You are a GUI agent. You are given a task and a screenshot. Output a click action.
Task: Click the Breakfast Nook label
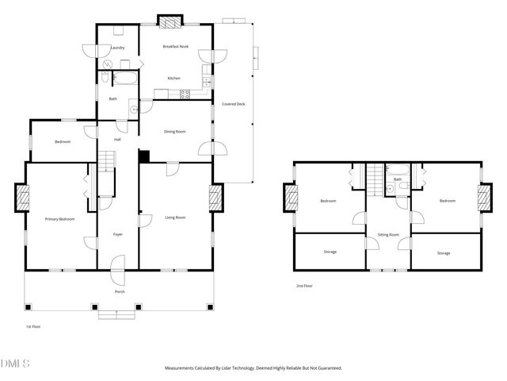(175, 47)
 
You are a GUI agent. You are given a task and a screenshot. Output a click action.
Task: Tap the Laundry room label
(117, 48)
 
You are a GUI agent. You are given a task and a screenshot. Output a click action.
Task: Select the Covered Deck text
(232, 104)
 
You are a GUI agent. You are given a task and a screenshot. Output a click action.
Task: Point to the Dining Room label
(174, 132)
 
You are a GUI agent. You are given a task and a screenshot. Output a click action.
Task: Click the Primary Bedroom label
(59, 219)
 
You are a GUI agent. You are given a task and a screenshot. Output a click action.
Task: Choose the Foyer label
(117, 234)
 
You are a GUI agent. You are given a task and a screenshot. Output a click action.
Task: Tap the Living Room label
(175, 217)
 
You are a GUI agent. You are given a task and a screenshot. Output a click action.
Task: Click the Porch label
(120, 291)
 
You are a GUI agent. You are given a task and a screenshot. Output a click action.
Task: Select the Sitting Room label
(388, 235)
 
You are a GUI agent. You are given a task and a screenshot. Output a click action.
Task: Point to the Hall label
(117, 140)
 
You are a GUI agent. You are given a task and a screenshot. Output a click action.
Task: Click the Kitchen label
(173, 78)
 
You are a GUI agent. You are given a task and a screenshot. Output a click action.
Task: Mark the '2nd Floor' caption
(304, 286)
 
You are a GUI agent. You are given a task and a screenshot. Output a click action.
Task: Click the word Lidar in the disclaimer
(239, 368)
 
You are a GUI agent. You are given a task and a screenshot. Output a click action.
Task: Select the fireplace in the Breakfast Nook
(168, 21)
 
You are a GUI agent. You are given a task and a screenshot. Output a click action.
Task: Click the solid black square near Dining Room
(144, 156)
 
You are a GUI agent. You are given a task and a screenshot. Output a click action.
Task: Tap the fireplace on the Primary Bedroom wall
(21, 198)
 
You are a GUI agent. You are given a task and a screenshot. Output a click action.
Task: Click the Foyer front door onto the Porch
(117, 267)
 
